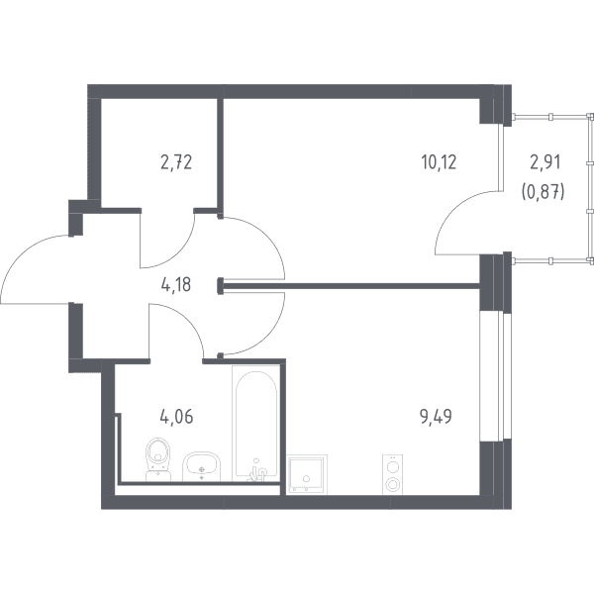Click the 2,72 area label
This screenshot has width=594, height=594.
(x=176, y=162)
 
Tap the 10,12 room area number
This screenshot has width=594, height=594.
(x=439, y=162)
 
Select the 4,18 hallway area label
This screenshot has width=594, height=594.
(x=176, y=284)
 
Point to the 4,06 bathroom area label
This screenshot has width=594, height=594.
(x=176, y=417)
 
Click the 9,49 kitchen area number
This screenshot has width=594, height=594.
(x=436, y=417)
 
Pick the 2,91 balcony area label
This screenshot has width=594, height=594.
(x=544, y=162)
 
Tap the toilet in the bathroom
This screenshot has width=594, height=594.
(x=158, y=459)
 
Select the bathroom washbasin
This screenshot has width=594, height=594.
(x=202, y=466)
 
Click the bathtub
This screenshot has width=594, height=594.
(x=256, y=424)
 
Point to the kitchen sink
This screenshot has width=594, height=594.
(x=307, y=474)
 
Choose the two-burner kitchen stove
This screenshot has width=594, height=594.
(x=392, y=474)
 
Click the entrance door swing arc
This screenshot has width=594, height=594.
(x=23, y=254)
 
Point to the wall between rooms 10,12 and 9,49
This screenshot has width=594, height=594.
(x=349, y=286)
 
